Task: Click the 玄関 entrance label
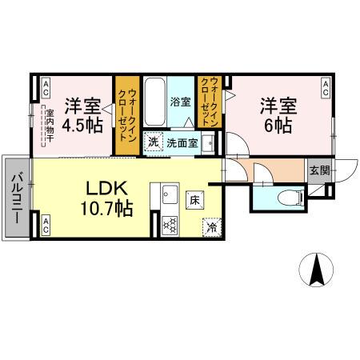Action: pos(319,169)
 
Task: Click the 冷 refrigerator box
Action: pos(211,226)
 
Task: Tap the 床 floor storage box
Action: pos(194,200)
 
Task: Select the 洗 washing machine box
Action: pos(152,143)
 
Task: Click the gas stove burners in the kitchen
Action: pos(170,225)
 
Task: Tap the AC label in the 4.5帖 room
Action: pos(46,86)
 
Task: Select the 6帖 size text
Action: pos(276,126)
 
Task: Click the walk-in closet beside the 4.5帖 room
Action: pos(126,115)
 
